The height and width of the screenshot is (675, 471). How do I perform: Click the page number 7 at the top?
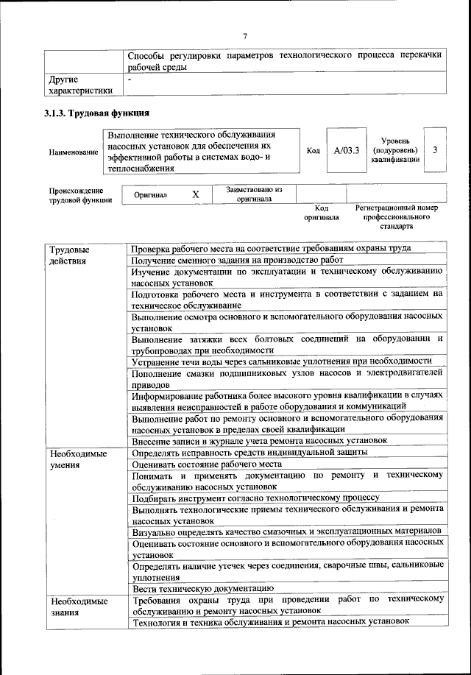click(246, 37)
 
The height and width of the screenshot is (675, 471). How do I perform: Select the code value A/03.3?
click(346, 150)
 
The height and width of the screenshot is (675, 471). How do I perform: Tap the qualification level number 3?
click(436, 150)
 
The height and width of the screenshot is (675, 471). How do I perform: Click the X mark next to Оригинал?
click(195, 195)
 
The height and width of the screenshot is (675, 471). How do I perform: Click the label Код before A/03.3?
click(313, 151)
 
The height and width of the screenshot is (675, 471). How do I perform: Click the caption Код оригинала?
click(321, 213)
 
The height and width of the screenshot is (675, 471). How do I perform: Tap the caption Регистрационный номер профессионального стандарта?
click(396, 217)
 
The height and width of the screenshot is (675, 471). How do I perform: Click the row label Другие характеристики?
click(79, 85)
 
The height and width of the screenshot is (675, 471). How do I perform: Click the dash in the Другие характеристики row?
click(130, 78)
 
